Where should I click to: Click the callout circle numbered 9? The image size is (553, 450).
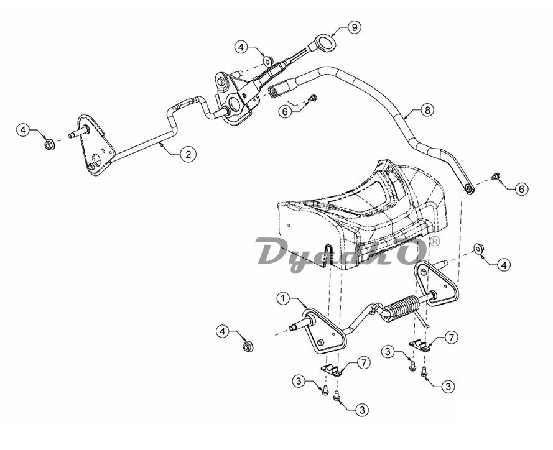pos(354,27)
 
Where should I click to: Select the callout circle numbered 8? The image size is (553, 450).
pos(428,110)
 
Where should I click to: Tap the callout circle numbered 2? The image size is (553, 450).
pos(188,155)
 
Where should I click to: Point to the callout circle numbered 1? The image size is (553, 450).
pos(283,298)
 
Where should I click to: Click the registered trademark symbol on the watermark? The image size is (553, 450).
pos(435,241)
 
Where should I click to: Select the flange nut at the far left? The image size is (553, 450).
pos(49,144)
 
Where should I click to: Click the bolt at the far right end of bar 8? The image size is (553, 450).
pos(496,175)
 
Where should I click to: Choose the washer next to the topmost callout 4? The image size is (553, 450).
pos(268,61)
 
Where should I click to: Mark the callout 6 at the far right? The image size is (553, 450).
pos(521,189)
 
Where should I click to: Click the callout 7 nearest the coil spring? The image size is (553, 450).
pos(451,337)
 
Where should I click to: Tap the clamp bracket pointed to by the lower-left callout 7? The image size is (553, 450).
pos(332,370)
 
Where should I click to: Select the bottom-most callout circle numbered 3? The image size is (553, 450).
pos(362,410)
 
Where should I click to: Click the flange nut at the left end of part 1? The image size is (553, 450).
pos(248,346)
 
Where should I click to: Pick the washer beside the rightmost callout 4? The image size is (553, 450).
pos(478,249)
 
